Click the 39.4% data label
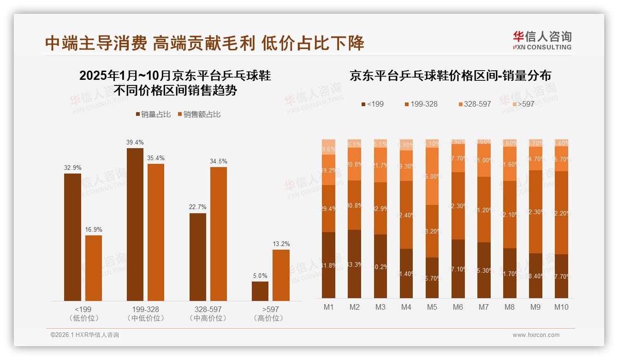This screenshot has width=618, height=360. coord(135,142)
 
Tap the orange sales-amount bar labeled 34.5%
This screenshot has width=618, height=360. coord(219,234)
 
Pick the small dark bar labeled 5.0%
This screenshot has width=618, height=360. coord(260,291)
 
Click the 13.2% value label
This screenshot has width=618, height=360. coord(281,244)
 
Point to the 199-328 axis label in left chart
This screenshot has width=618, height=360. coord(145,309)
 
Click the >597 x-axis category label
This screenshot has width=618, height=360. coord(270,309)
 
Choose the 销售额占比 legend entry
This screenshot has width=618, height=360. coord(199,114)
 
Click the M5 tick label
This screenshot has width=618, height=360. coord(432,307)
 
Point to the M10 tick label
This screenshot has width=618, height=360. coord(561,307)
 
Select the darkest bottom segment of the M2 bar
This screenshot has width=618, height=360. coord(354,264)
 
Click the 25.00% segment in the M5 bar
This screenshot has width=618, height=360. coord(432,176)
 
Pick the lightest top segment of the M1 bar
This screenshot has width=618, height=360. coord(328,146)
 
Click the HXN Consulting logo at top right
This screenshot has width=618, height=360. coord(542,40)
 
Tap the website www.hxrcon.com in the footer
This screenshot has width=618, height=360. coord(536,335)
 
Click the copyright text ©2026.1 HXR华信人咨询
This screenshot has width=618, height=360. coord(85,335)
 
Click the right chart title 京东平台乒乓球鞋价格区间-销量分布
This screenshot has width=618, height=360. coord(450,76)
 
